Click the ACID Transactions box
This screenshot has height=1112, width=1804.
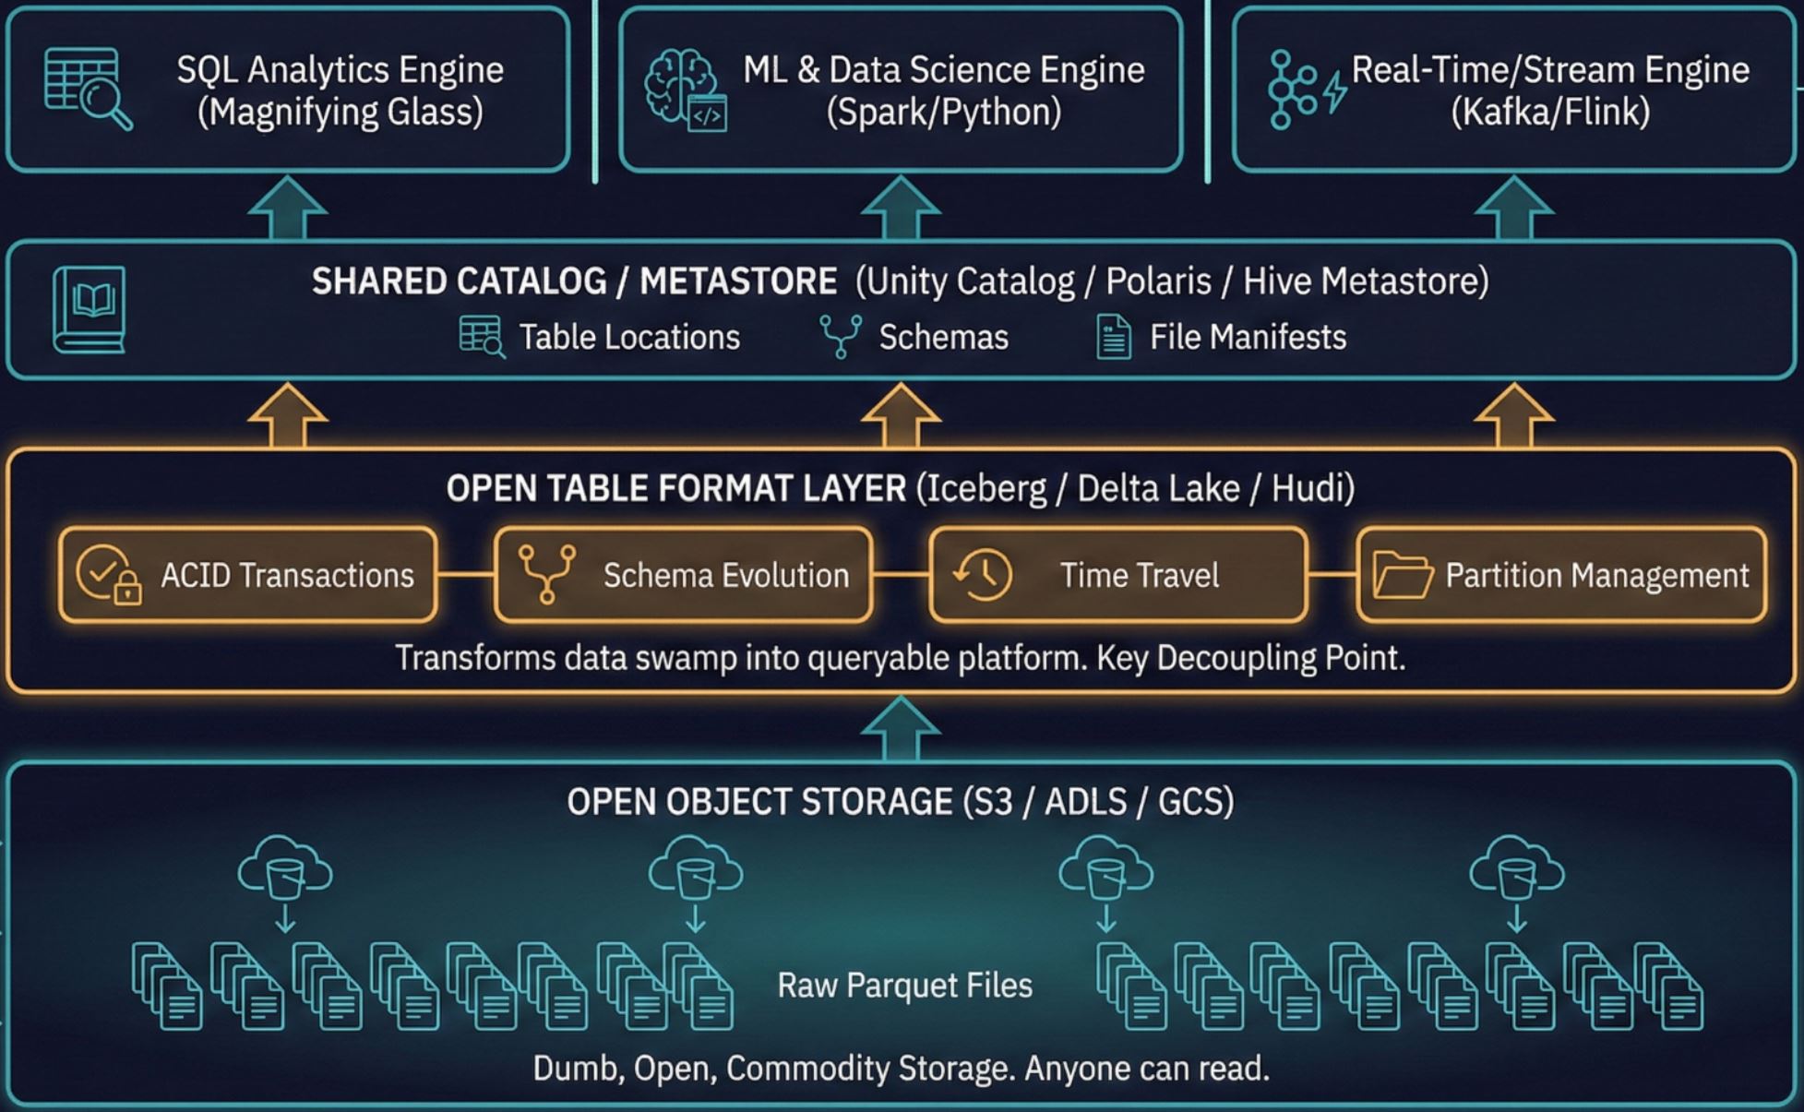click(x=247, y=575)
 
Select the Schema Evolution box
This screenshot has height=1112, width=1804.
click(x=683, y=575)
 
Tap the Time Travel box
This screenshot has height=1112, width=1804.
click(x=1117, y=575)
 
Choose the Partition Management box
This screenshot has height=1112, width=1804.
click(x=1561, y=575)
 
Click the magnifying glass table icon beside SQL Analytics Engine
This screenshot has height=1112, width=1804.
click(x=88, y=89)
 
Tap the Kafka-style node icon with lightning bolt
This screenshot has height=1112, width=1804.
click(x=1305, y=90)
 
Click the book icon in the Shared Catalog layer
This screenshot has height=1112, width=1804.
click(x=90, y=309)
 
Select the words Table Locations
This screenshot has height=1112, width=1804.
click(x=629, y=338)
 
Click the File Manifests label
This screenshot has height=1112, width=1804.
click(x=1248, y=338)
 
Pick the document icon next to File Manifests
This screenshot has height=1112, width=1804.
click(x=1113, y=337)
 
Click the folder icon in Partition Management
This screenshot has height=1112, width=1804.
click(x=1402, y=575)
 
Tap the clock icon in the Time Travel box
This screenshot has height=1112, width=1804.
click(x=983, y=574)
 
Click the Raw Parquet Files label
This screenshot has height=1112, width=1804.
click(x=904, y=986)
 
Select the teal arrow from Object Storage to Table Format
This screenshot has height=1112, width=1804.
click(x=901, y=728)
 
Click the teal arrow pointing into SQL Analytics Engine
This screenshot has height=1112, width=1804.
click(x=288, y=207)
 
